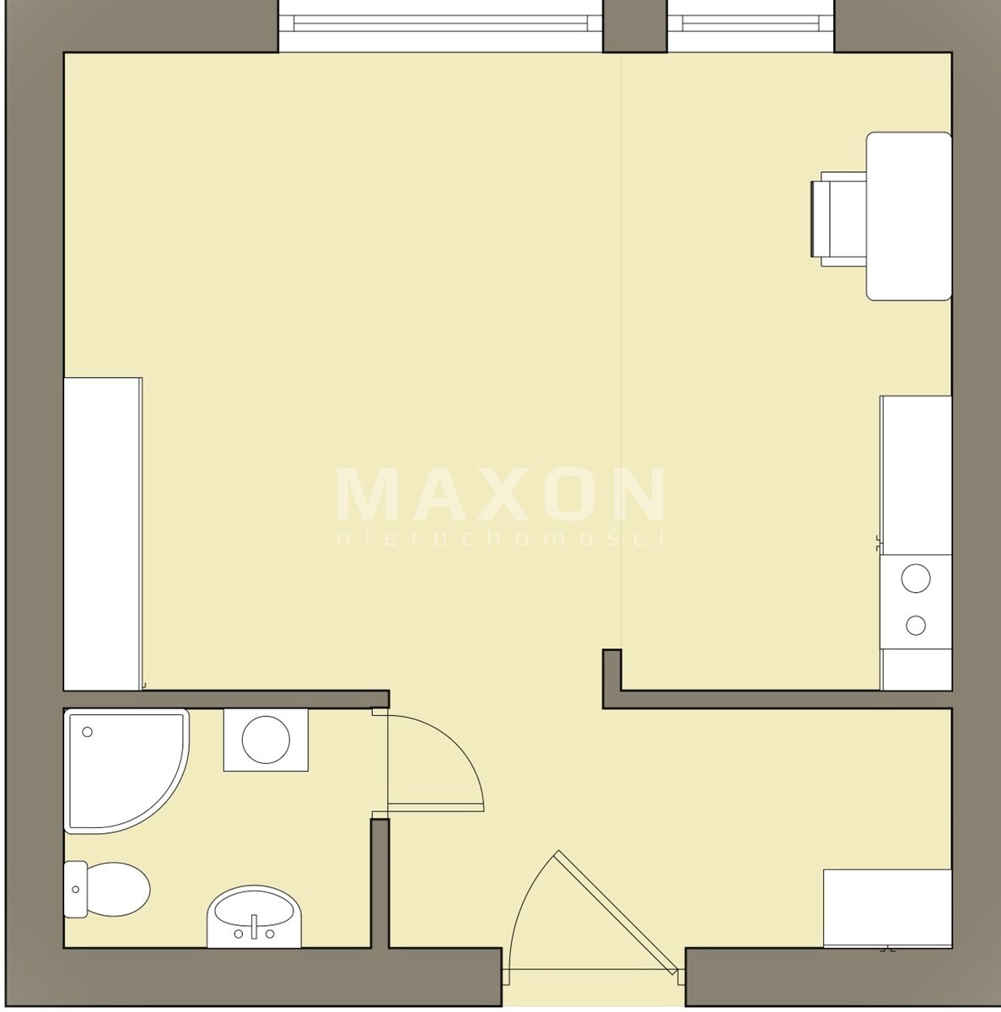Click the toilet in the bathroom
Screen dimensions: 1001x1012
107,889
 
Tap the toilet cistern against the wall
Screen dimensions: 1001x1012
76,889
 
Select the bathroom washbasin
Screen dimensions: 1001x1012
254,916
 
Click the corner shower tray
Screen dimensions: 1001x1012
126,771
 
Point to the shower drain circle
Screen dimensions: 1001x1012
87,731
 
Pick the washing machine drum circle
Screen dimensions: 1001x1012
266,740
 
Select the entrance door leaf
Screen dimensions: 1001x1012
617,913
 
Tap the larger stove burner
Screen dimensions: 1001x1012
916,579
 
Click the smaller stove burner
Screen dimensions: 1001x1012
916,625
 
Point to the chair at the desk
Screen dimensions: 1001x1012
839,219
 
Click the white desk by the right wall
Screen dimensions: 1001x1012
908,217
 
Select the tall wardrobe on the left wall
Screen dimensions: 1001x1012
103,534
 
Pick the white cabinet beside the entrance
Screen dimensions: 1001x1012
887,908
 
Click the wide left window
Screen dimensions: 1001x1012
441,26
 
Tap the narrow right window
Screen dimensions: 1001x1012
751,26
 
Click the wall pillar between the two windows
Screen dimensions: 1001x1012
635,26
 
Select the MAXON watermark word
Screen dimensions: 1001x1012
500,494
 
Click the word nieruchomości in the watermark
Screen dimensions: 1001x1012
500,538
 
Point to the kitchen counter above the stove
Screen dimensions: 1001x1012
917,476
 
